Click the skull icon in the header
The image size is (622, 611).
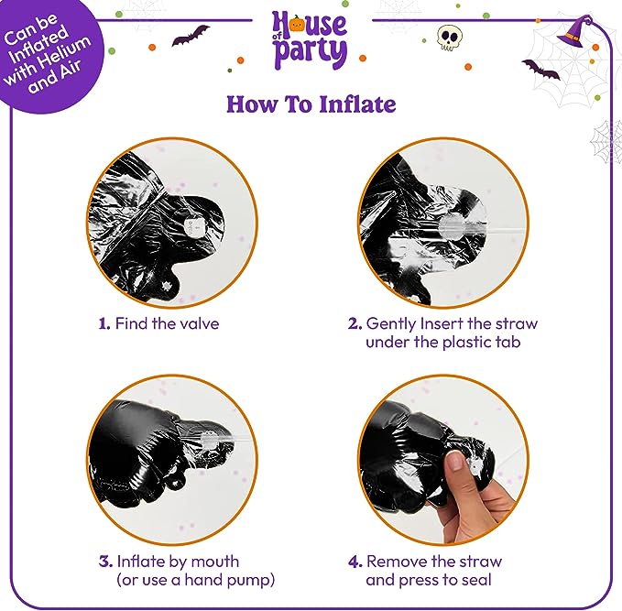coord(450,38)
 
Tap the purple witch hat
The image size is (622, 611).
coord(574,31)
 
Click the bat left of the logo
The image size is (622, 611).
coord(191,35)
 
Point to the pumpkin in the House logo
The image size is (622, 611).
coord(297,24)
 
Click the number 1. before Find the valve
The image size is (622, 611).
coord(104,323)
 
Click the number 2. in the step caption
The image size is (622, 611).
coord(355,323)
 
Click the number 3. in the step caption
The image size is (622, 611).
coord(106,562)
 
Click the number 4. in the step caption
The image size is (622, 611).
coord(355,562)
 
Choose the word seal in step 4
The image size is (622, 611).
coord(475,580)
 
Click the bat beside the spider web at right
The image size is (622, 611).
coord(540,69)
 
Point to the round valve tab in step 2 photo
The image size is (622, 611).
coord(452,226)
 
